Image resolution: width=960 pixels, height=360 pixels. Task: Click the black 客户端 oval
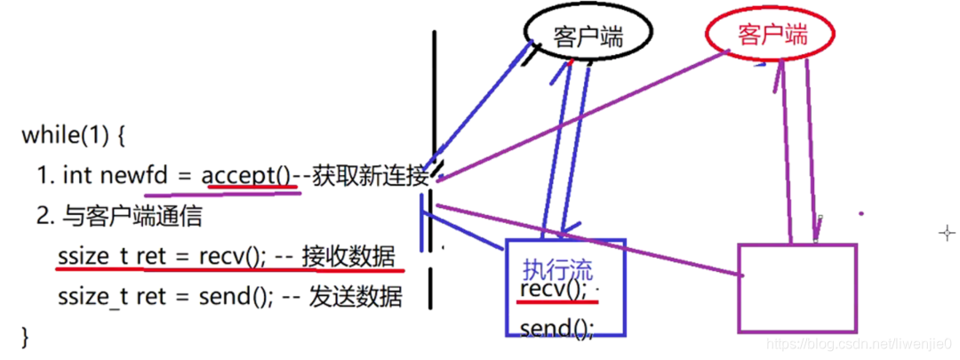click(x=588, y=36)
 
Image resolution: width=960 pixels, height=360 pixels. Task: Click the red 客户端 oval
click(x=772, y=36)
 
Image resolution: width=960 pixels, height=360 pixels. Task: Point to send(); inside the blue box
click(x=556, y=329)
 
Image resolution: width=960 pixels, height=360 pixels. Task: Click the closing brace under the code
click(x=25, y=336)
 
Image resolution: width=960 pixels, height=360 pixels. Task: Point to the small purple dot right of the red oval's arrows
click(x=860, y=213)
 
